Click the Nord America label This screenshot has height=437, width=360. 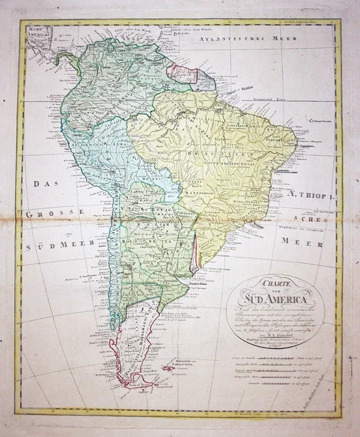(40, 34)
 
